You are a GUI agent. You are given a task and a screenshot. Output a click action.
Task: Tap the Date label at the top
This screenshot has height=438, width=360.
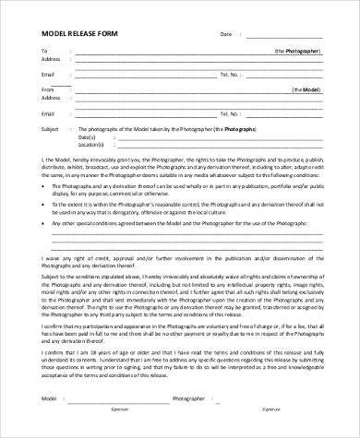[225, 34]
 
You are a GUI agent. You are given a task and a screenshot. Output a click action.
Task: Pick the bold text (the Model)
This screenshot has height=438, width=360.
[307, 90]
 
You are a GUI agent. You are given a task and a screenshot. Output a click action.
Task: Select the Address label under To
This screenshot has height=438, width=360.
[52, 60]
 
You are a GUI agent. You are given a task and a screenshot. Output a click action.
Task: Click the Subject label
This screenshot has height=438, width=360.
[51, 130]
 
